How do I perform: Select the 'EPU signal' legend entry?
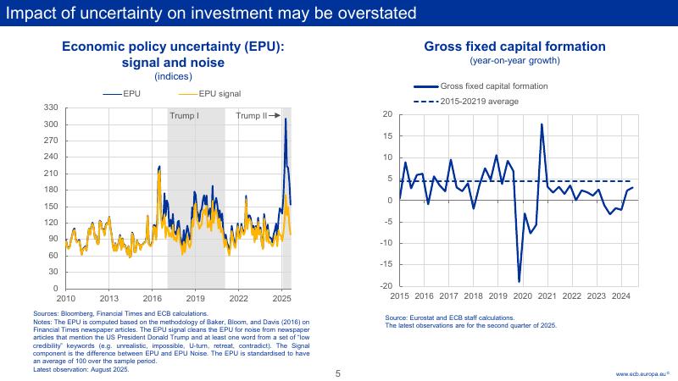point(219,93)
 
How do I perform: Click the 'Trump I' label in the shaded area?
point(184,115)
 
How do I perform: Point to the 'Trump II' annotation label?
point(252,115)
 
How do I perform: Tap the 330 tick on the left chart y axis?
point(50,108)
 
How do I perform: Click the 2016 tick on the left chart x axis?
point(153,298)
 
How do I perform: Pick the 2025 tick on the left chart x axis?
point(282,298)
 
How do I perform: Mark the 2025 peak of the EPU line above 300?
point(286,119)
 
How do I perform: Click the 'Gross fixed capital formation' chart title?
point(514,47)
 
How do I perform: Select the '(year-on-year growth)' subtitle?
point(514,61)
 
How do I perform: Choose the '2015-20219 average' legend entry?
point(479,102)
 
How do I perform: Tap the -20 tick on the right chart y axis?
point(386,286)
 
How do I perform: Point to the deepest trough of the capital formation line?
point(519,281)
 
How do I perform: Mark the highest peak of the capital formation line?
point(542,124)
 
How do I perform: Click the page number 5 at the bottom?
point(337,373)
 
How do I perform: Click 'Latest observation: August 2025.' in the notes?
point(81,369)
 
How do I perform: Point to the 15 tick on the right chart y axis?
point(387,135)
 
